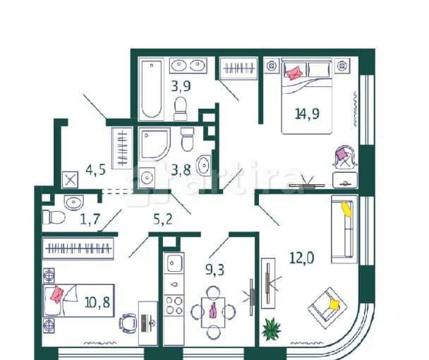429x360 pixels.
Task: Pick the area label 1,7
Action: point(89,218)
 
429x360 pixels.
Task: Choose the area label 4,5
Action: point(95,169)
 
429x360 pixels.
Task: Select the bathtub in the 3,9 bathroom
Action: point(151,90)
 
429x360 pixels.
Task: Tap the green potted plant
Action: point(271,328)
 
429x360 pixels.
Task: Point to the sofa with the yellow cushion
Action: point(344,228)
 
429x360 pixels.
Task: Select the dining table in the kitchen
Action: point(211,312)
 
